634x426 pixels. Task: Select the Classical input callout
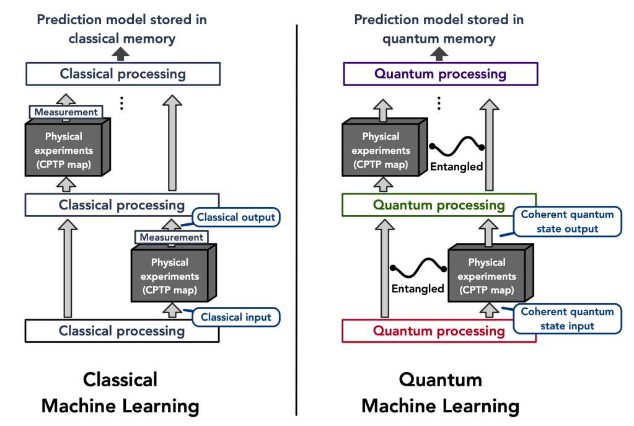[236, 317]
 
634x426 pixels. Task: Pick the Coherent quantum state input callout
[567, 319]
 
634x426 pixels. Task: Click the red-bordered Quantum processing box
[438, 331]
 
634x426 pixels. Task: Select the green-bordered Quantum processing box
[439, 205]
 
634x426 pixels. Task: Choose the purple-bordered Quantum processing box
[441, 74]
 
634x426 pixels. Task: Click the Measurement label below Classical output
[170, 237]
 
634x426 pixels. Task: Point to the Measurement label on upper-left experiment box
[66, 112]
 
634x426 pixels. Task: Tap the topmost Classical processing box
[123, 74]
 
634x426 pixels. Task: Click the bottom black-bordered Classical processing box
[122, 331]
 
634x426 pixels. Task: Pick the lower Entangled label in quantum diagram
[417, 288]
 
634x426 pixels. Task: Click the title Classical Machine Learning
[120, 393]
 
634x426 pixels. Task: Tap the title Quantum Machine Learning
[440, 393]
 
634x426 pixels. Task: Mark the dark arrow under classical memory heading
[122, 55]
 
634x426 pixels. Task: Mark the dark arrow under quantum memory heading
[439, 55]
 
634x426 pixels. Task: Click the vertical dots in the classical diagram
[122, 103]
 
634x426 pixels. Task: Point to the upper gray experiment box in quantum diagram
[381, 149]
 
